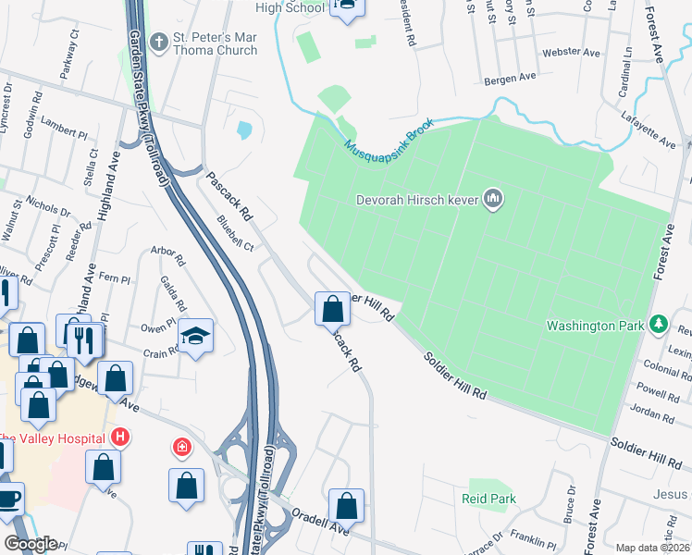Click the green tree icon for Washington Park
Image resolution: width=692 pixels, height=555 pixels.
pos(658,325)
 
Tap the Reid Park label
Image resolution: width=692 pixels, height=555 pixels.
pos(488,499)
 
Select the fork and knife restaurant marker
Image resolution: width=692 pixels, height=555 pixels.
pos(83,339)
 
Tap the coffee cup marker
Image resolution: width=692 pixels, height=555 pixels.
pos(7,499)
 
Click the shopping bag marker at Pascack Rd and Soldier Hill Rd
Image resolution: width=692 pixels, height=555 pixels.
pos(332,309)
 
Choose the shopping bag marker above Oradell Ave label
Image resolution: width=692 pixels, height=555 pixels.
pos(346,506)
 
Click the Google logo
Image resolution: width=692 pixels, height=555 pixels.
pos(30,544)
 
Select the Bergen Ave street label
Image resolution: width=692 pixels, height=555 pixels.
pos(515,78)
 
